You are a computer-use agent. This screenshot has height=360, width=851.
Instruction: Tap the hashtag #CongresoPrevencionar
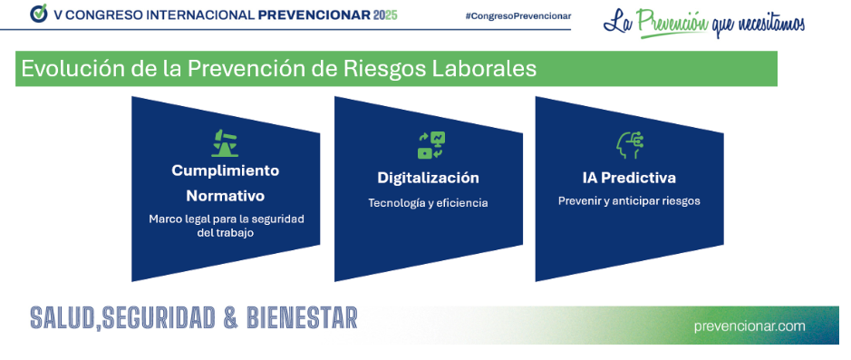(x=517, y=15)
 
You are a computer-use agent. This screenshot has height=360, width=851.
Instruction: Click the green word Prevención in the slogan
(x=672, y=22)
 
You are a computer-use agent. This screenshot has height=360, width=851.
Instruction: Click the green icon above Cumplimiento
(x=225, y=142)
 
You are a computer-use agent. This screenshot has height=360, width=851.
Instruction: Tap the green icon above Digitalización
(x=431, y=145)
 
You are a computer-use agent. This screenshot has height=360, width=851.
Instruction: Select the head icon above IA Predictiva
(x=630, y=145)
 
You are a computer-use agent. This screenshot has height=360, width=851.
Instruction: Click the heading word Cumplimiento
(x=226, y=170)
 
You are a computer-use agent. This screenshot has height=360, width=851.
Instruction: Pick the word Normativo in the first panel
(x=226, y=196)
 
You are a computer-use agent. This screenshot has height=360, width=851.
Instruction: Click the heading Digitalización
(x=428, y=178)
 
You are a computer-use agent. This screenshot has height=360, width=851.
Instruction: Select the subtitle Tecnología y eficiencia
(x=428, y=203)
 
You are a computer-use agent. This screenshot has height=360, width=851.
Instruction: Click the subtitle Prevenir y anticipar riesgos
(x=630, y=201)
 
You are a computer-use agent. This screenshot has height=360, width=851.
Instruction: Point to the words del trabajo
(x=226, y=233)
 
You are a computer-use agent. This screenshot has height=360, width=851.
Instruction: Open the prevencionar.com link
(x=749, y=326)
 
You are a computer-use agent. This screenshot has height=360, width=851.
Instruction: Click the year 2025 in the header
(x=385, y=15)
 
